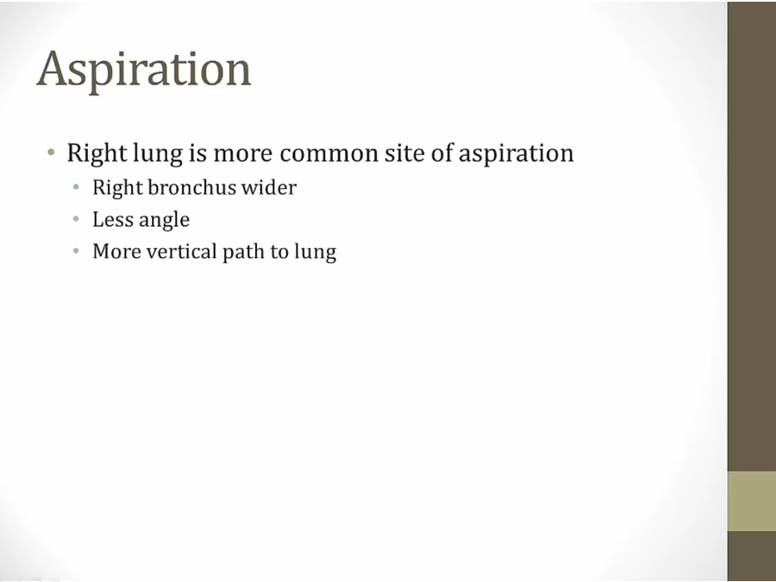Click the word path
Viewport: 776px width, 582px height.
point(244,252)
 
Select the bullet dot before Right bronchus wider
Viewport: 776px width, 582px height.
point(78,187)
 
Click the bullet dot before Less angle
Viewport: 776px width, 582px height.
point(78,220)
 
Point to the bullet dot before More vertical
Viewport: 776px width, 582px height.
point(78,252)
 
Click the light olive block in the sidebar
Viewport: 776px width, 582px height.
point(751,501)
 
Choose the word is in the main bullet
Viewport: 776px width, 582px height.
point(197,153)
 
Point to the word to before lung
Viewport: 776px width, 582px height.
point(279,252)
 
